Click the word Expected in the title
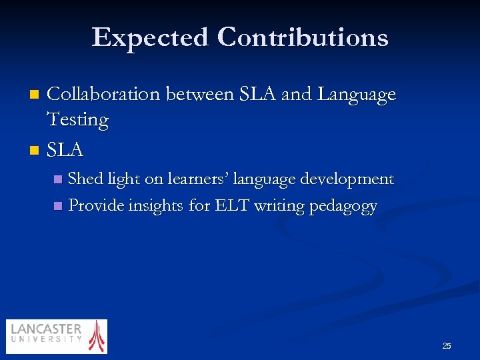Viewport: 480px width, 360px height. (150, 37)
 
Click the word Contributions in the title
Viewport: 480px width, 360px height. (303, 37)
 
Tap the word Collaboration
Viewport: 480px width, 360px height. (103, 95)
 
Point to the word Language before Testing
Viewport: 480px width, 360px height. (357, 95)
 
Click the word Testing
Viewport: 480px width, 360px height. (77, 120)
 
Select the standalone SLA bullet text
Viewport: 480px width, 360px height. (65, 151)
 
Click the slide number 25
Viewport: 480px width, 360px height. (446, 345)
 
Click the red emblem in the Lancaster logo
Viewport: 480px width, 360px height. (97, 336)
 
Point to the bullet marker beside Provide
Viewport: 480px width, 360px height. (57, 206)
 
